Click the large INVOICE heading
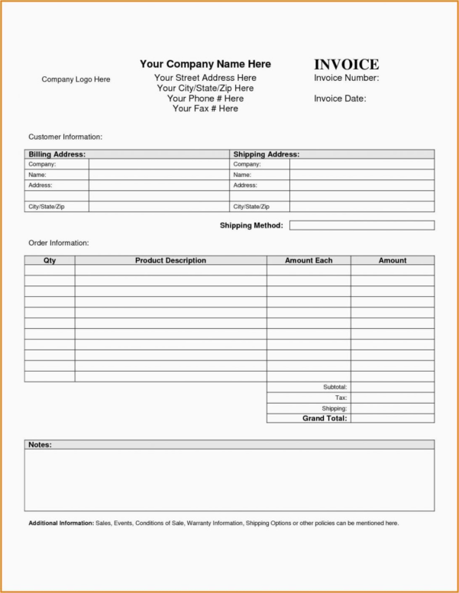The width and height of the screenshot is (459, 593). point(346,64)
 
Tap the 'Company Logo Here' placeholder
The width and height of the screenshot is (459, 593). point(76,79)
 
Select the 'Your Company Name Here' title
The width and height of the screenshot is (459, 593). point(205,64)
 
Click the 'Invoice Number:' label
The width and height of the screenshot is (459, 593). point(346,78)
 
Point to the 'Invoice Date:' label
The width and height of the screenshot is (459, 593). point(340,98)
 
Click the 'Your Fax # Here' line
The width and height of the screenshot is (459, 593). point(205,108)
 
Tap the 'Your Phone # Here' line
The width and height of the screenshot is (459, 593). point(205,98)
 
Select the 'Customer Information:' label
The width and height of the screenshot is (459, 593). point(65,137)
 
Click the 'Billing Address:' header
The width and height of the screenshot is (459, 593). point(57,154)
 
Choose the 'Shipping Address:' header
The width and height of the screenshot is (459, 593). point(266,154)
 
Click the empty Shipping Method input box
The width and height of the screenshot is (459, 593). point(361,225)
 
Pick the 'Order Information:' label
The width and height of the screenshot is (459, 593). point(59,243)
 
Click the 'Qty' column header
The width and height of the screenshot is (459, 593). point(50,260)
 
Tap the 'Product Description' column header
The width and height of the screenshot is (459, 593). point(170,260)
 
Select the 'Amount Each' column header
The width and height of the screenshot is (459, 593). point(309,260)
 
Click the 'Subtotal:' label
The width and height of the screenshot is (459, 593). point(335,388)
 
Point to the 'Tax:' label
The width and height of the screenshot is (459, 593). point(341,398)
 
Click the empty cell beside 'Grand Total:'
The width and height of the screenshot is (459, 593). point(392,418)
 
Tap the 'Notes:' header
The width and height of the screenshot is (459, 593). point(40,444)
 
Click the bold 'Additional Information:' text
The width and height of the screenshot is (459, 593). point(61,523)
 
